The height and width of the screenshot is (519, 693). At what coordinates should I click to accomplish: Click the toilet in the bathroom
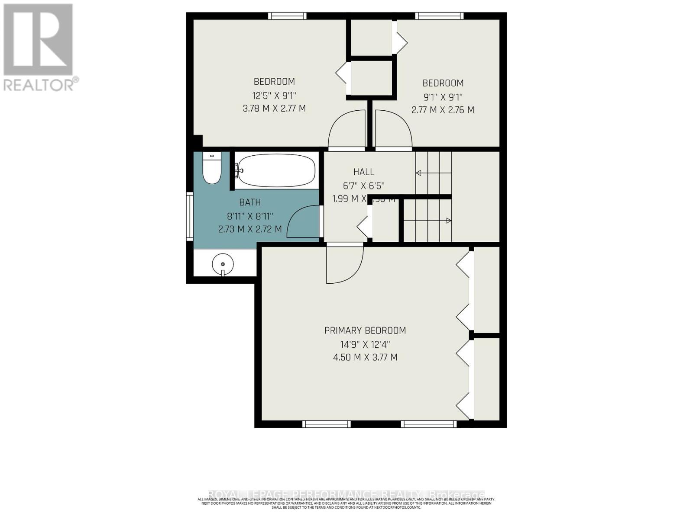click(x=212, y=169)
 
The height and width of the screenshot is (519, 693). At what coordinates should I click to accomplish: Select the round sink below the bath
click(x=223, y=263)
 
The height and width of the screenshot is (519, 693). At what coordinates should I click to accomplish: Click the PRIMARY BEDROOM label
click(x=365, y=330)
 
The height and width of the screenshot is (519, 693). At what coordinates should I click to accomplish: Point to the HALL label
click(x=363, y=172)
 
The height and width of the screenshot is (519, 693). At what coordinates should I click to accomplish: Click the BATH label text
click(x=250, y=202)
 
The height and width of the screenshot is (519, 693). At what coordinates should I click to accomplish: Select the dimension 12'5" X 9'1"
click(x=274, y=95)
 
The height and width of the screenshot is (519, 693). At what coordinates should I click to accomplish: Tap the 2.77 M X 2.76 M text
click(x=443, y=110)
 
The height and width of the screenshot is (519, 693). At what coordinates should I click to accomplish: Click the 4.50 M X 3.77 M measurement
click(x=365, y=357)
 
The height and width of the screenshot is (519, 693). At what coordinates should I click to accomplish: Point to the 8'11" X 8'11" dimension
click(x=250, y=215)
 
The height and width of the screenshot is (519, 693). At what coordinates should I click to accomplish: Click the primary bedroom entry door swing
click(x=344, y=264)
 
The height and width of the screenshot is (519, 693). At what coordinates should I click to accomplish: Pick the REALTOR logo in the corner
click(x=39, y=48)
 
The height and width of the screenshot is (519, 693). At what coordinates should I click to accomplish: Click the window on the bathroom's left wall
click(x=189, y=216)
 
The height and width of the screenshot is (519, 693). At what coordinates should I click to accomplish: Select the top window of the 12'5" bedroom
click(x=287, y=16)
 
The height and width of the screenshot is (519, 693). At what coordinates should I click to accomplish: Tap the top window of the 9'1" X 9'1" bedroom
click(x=439, y=16)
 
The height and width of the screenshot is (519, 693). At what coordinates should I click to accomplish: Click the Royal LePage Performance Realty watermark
click(x=346, y=494)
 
